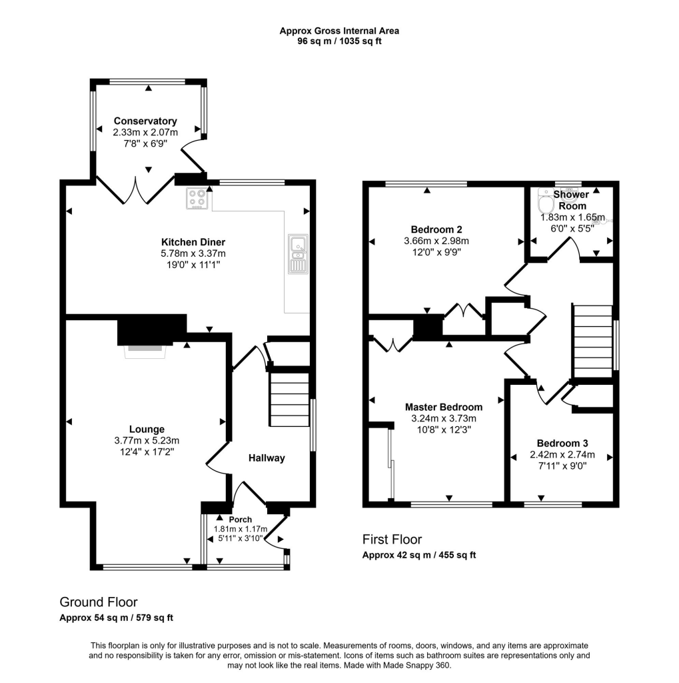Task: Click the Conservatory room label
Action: click(145, 121)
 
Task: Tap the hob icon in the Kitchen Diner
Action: click(197, 199)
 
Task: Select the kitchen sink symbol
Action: click(297, 254)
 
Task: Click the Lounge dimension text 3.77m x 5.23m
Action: click(147, 440)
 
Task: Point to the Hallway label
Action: click(267, 458)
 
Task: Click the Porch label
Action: click(240, 520)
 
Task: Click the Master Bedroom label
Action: click(444, 406)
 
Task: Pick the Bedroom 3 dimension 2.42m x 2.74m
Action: click(562, 455)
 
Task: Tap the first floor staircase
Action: click(592, 341)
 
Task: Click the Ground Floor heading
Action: click(99, 602)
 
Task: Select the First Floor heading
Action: click(392, 540)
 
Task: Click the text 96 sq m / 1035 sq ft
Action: click(339, 41)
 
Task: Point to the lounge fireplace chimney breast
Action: click(151, 331)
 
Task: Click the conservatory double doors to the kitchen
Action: click(137, 190)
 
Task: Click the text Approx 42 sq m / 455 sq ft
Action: click(418, 555)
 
